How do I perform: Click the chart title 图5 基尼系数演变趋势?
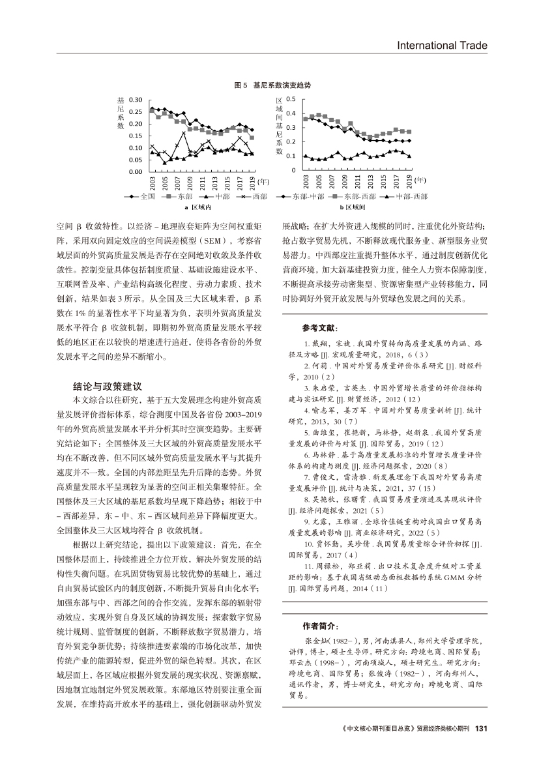272,85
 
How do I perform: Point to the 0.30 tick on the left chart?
136,100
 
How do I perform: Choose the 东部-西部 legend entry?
349,196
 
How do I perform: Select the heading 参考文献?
321,329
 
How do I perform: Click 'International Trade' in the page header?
443,45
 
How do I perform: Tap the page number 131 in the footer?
482,729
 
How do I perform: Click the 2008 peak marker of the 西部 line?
184,133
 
